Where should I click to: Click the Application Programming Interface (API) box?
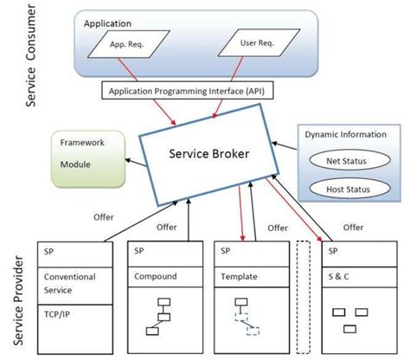coord(195,89)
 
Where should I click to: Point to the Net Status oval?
coord(348,161)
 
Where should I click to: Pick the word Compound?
coord(156,278)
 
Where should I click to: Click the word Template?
coord(238,278)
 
